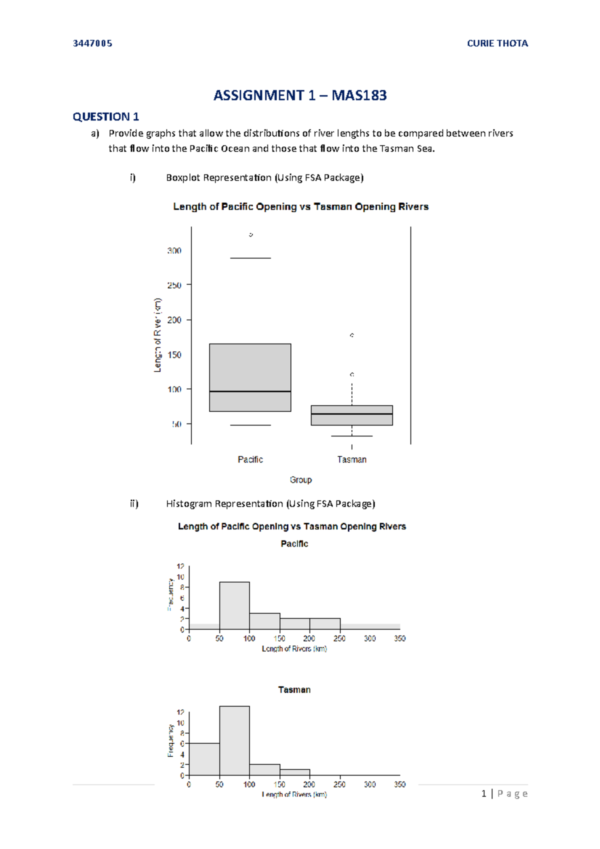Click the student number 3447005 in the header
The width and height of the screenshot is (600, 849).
point(92,43)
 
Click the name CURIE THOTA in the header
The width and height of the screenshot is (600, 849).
point(497,43)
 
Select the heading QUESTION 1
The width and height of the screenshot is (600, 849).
point(105,117)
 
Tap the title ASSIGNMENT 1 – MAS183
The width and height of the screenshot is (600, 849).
point(300,95)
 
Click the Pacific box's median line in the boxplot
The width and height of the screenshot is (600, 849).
point(250,391)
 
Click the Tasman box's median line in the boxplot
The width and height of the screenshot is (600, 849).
point(351,414)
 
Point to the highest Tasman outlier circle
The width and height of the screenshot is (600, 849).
point(352,335)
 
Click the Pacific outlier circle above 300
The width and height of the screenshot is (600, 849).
point(250,234)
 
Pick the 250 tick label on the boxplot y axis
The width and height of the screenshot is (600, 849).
point(174,285)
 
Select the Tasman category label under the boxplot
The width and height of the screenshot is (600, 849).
point(351,459)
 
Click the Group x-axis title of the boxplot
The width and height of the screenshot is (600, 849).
point(300,479)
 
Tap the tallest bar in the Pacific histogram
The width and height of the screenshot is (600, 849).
point(234,605)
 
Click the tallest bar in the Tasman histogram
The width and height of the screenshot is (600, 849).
point(234,740)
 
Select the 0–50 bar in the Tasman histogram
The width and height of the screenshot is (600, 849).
point(204,759)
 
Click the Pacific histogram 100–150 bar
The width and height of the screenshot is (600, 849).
point(264,621)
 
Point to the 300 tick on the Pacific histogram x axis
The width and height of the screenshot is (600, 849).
point(370,638)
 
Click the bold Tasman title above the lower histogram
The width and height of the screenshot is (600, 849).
point(294,689)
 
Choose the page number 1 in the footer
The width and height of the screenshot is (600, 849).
point(483,793)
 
